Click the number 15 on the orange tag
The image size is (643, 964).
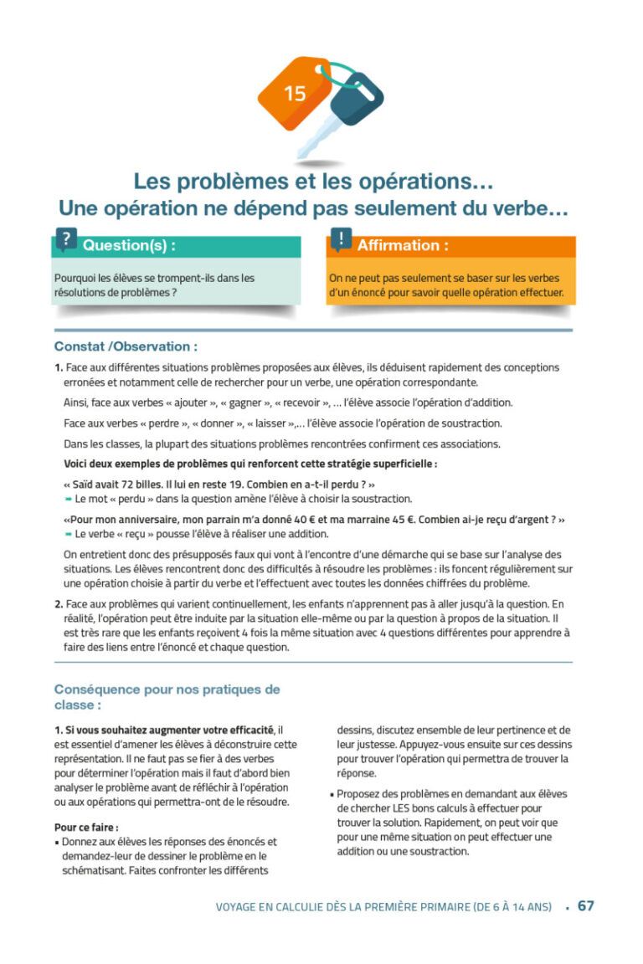295,94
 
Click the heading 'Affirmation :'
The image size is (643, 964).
402,246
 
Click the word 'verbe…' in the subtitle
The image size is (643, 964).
536,209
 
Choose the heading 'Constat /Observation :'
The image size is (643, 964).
126,346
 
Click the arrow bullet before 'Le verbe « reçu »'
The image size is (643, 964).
68,534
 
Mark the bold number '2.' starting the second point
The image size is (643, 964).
59,603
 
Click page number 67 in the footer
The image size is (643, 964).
586,906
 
